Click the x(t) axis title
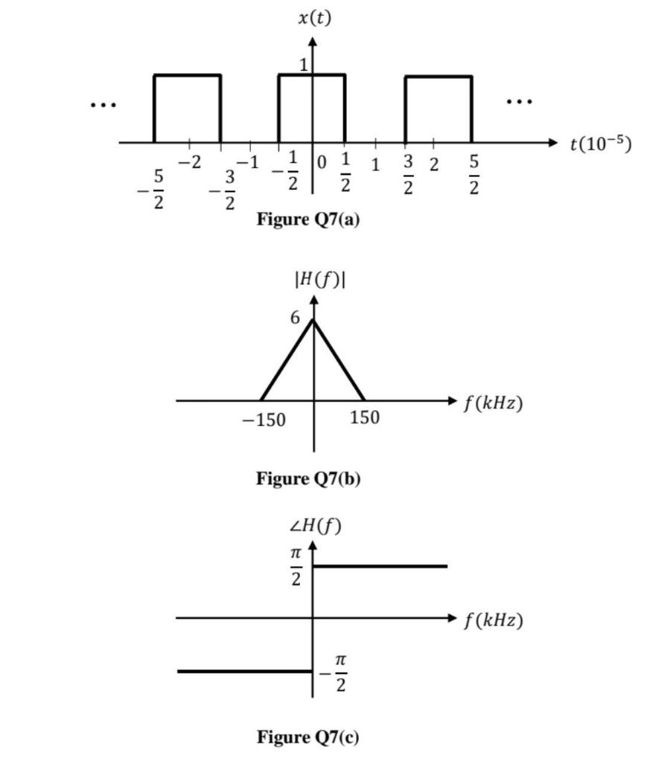314,18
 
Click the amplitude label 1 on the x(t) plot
303,65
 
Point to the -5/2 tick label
155,189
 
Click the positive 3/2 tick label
407,173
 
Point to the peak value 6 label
296,318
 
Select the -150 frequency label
264,420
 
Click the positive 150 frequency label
364,418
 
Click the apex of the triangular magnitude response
313,320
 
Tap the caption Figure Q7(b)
308,478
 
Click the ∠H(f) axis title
315,527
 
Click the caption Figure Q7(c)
307,737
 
